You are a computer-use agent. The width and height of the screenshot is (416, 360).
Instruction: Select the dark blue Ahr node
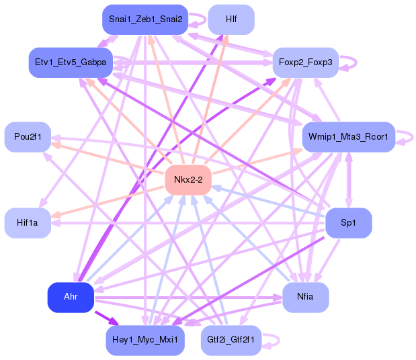(70, 298)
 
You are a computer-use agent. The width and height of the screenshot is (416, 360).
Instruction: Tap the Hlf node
(231, 19)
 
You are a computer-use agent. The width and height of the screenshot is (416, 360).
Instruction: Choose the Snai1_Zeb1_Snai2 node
(145, 19)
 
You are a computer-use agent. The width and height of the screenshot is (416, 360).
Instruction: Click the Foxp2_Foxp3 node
(305, 62)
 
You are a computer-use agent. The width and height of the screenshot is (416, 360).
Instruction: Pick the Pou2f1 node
(28, 137)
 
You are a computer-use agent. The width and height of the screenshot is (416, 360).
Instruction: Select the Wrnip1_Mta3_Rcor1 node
(348, 137)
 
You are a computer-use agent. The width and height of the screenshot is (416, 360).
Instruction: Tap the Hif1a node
(28, 223)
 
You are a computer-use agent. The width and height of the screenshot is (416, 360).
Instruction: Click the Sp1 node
(348, 223)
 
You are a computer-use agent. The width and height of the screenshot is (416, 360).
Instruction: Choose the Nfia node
(305, 297)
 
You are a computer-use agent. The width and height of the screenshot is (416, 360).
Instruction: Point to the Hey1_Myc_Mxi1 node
(145, 341)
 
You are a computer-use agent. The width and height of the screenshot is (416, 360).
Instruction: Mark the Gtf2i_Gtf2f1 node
(231, 341)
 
